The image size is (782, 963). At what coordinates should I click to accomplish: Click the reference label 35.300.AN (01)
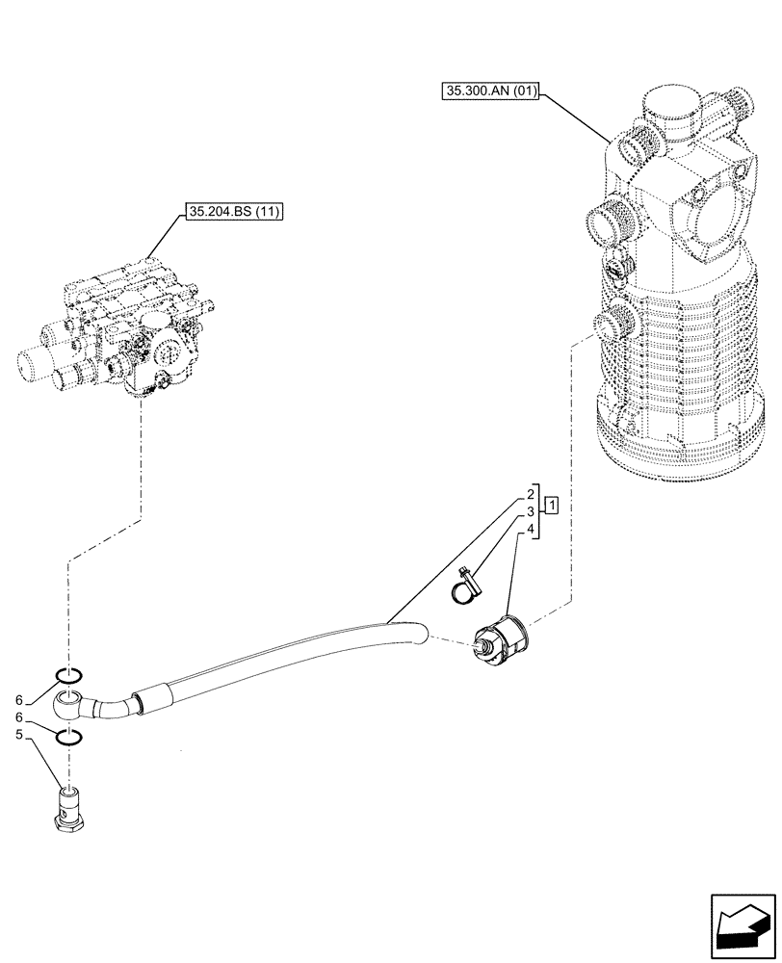click(491, 92)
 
